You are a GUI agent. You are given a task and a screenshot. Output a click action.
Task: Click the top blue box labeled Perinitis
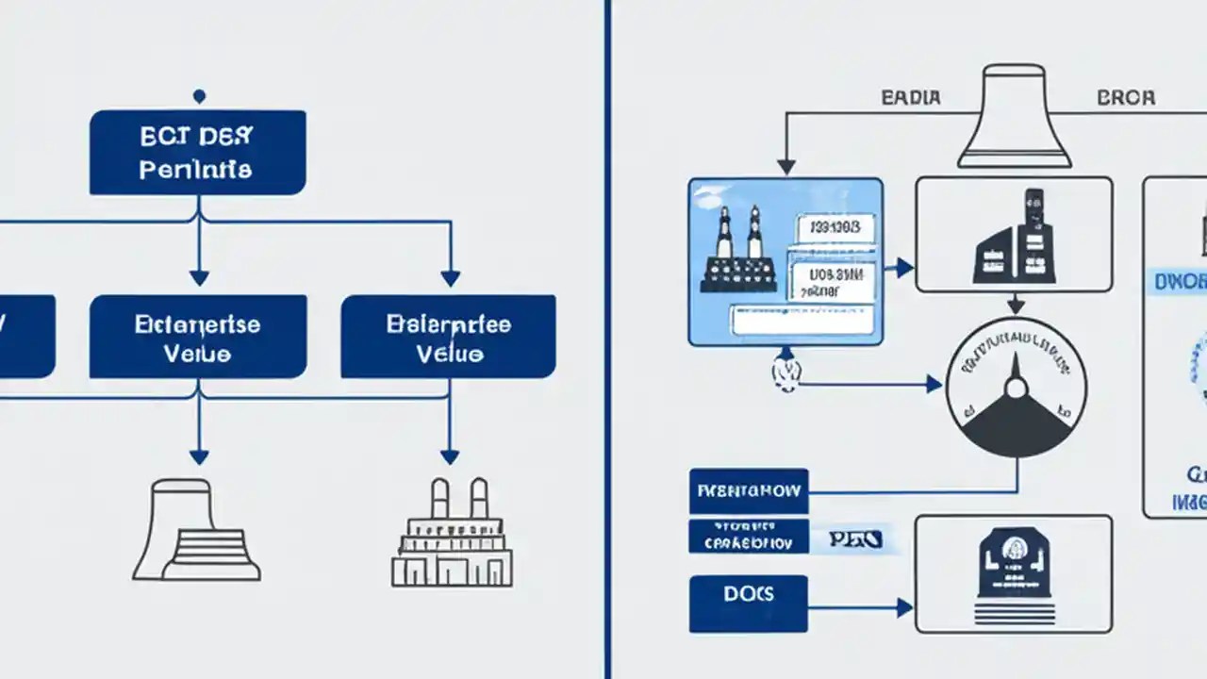pyautogui.click(x=198, y=153)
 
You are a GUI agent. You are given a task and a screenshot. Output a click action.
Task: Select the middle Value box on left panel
pyautogui.click(x=198, y=337)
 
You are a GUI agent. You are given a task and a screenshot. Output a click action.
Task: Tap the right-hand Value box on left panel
pyautogui.click(x=448, y=337)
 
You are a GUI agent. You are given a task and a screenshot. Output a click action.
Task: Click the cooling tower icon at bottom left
pyautogui.click(x=197, y=528)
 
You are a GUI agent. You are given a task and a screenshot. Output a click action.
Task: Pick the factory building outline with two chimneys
pyautogui.click(x=452, y=534)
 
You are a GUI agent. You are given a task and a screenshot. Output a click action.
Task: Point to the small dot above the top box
pyautogui.click(x=198, y=95)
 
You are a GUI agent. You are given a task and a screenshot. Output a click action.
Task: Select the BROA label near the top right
pyautogui.click(x=1126, y=98)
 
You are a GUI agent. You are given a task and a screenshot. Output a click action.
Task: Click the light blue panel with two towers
pyautogui.click(x=785, y=261)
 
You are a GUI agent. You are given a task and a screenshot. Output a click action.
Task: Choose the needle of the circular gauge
pyautogui.click(x=1015, y=373)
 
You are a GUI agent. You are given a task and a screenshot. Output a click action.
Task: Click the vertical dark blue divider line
pyautogui.click(x=608, y=339)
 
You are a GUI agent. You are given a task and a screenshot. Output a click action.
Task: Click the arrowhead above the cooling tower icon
pyautogui.click(x=198, y=457)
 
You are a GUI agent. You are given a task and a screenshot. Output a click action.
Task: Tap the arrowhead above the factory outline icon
pyautogui.click(x=450, y=457)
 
